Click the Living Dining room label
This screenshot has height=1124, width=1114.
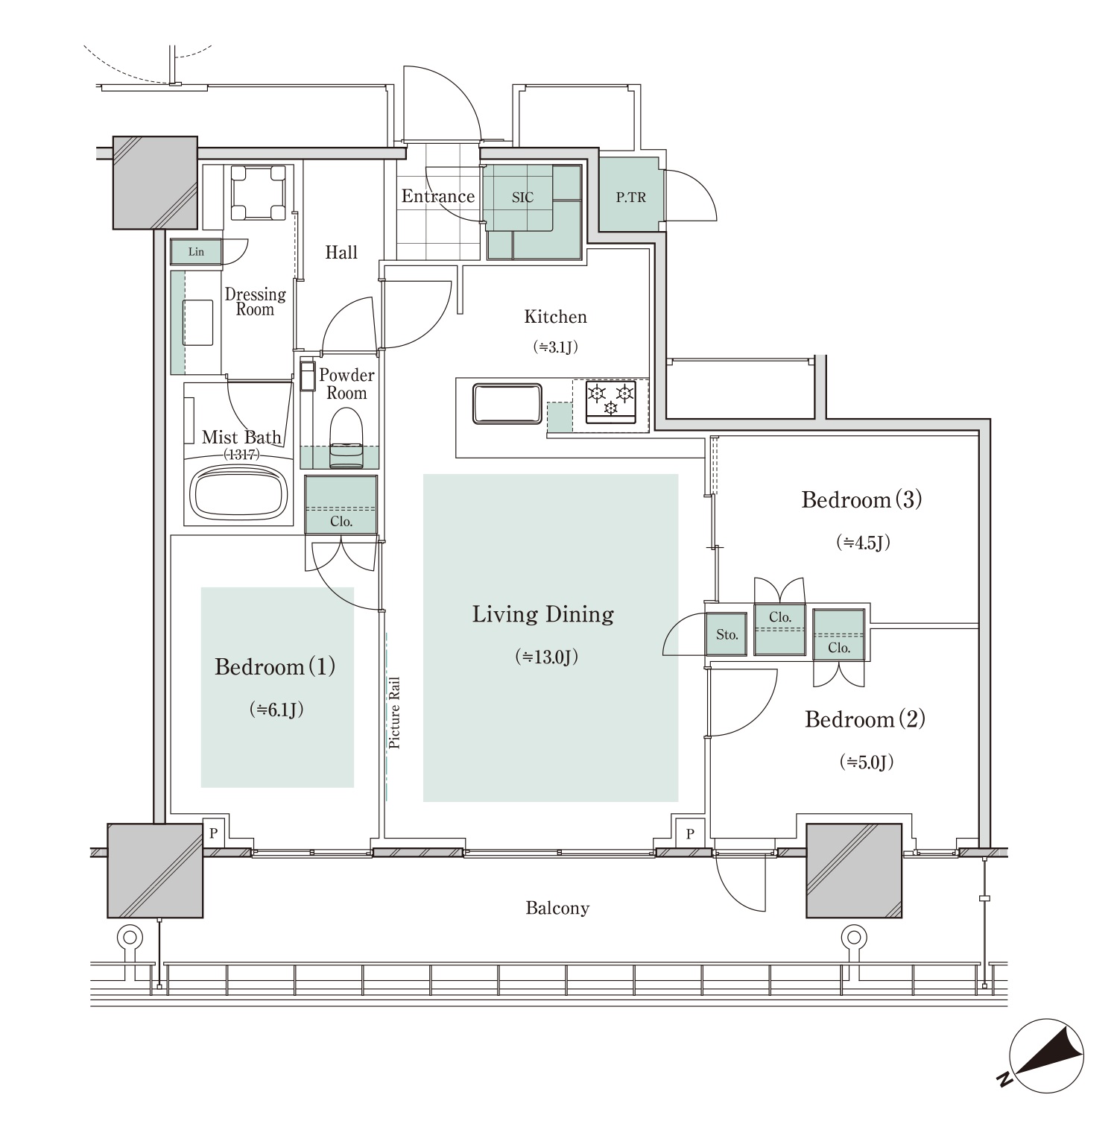(543, 614)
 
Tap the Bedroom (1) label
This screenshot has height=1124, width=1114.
(275, 666)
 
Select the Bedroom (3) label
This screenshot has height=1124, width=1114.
(861, 499)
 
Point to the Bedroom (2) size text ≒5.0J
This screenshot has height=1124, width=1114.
(866, 762)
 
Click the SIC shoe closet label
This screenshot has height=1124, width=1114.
(522, 198)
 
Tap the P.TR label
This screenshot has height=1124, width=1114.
(630, 198)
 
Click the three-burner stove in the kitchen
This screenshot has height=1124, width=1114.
(611, 401)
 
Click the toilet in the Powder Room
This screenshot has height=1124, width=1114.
(346, 441)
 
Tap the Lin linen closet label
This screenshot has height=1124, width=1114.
(196, 252)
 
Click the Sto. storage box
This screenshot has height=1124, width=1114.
(727, 635)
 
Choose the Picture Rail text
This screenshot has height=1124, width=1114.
(394, 713)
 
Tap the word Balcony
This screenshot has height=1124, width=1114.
(557, 908)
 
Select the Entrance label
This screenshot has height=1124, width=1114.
(438, 196)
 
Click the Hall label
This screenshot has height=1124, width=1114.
(341, 253)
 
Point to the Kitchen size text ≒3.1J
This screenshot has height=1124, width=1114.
(556, 347)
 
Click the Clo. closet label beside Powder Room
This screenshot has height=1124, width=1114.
(341, 521)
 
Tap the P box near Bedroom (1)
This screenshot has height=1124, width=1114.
(213, 833)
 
